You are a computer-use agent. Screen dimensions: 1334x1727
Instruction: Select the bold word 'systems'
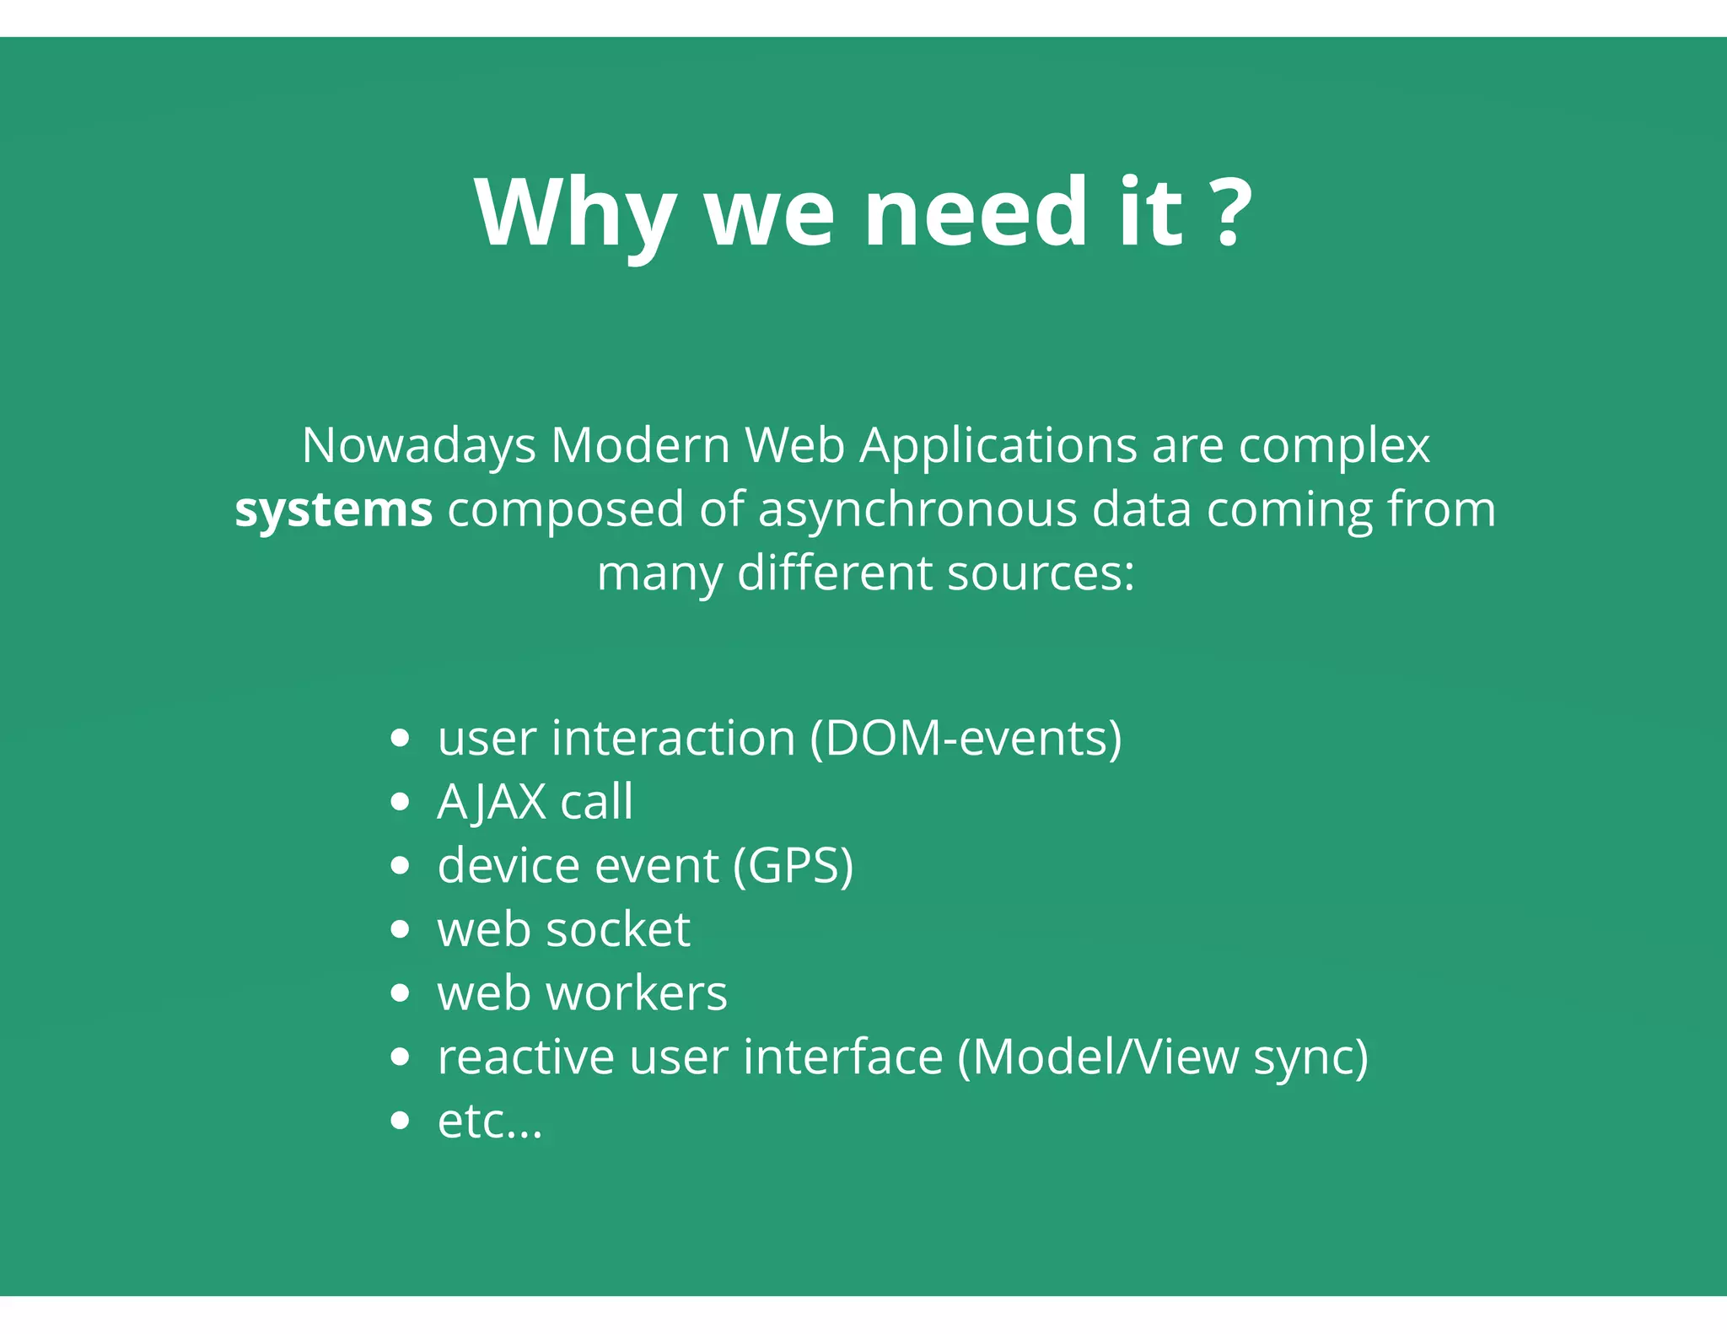click(333, 510)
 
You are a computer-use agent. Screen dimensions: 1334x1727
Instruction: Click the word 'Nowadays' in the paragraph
click(419, 445)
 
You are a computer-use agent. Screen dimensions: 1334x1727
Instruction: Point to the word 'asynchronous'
click(917, 510)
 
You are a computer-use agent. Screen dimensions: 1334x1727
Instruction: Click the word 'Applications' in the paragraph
click(998, 447)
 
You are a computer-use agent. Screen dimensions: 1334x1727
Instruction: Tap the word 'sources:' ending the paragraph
click(1041, 573)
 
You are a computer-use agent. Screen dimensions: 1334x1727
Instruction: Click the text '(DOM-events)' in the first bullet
click(966, 738)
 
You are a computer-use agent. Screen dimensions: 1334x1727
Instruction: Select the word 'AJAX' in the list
click(492, 801)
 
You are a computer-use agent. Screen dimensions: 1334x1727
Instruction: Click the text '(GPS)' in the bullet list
click(793, 866)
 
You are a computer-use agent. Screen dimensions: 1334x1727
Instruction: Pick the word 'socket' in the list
click(618, 929)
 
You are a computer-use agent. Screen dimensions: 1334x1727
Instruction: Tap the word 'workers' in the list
click(637, 993)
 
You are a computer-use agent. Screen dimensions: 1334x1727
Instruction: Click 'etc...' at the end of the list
click(490, 1122)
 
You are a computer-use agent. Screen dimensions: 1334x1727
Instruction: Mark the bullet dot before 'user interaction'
click(401, 739)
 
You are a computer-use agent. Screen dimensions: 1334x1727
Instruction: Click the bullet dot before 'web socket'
click(401, 930)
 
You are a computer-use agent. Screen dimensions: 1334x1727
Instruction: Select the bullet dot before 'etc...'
click(401, 1122)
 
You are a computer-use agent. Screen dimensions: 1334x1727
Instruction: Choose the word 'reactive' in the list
click(525, 1057)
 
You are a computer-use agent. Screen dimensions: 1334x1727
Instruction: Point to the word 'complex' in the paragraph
click(1334, 447)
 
